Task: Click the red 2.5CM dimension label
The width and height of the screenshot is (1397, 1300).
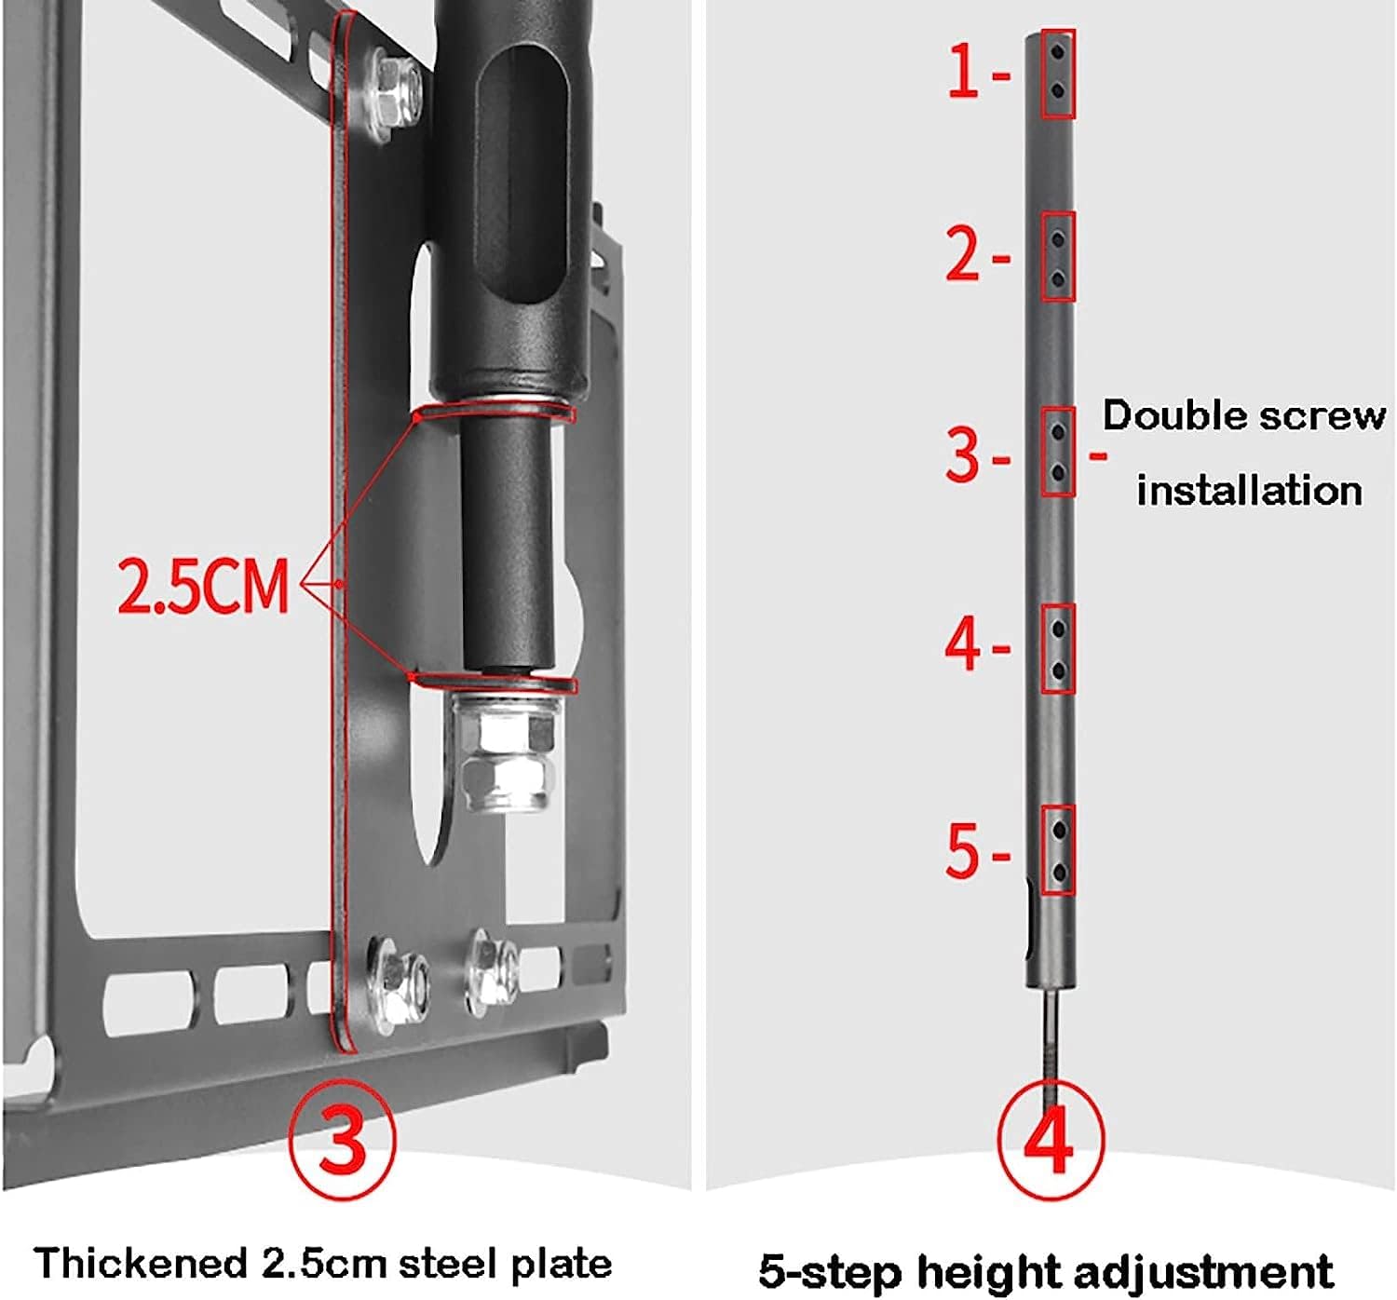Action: pyautogui.click(x=203, y=586)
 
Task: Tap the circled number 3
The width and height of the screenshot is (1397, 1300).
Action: pyautogui.click(x=343, y=1139)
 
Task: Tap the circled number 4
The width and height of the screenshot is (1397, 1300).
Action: pyautogui.click(x=1051, y=1138)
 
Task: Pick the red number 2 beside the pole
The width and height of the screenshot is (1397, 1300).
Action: pyautogui.click(x=964, y=253)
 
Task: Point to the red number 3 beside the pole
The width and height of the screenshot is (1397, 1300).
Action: pyautogui.click(x=964, y=454)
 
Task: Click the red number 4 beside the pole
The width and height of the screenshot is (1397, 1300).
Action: pyautogui.click(x=964, y=644)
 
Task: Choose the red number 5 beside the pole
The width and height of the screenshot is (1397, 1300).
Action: pyautogui.click(x=964, y=850)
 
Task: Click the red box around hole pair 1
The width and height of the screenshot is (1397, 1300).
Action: pyautogui.click(x=1058, y=74)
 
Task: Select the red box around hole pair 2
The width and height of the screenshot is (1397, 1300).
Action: pyautogui.click(x=1058, y=256)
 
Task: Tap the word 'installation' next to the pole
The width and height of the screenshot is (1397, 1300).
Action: pyautogui.click(x=1249, y=490)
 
